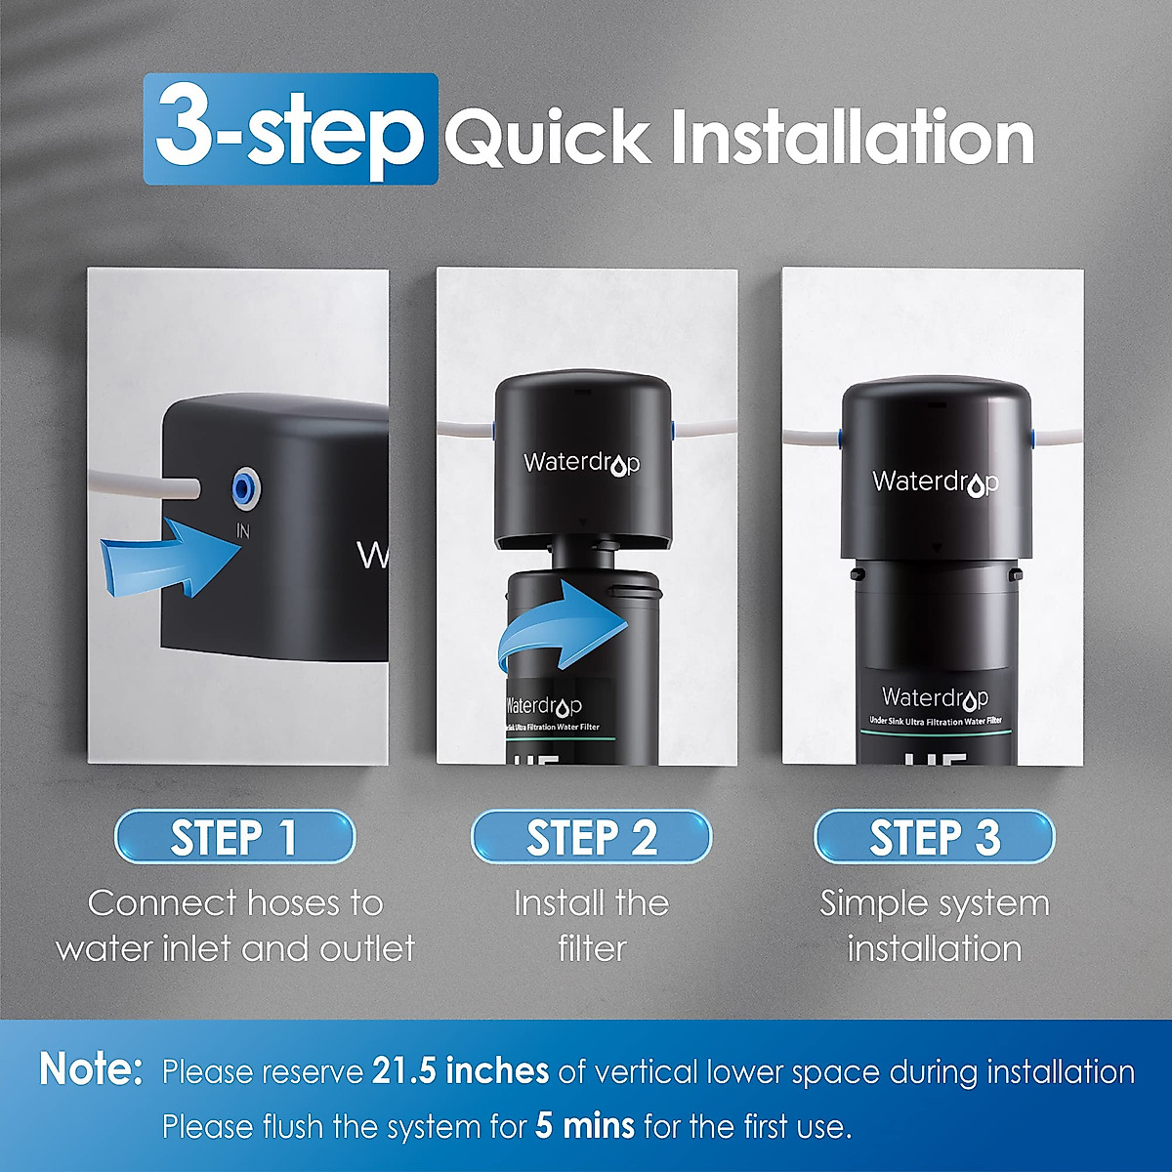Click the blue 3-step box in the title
pyautogui.click(x=290, y=129)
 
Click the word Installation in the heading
pyautogui.click(x=852, y=138)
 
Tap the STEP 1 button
pyautogui.click(x=234, y=837)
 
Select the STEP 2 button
pyautogui.click(x=591, y=837)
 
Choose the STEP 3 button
pyautogui.click(x=934, y=837)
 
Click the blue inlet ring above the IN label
pyautogui.click(x=243, y=484)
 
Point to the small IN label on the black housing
pyautogui.click(x=243, y=530)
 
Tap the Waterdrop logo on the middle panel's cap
pyautogui.click(x=581, y=463)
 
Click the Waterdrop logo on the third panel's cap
pyautogui.click(x=935, y=482)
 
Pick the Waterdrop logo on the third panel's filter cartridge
pyautogui.click(x=935, y=697)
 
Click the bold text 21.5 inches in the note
pyautogui.click(x=460, y=1071)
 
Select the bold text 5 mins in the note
pyautogui.click(x=584, y=1126)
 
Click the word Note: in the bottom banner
pyautogui.click(x=92, y=1069)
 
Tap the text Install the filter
pyautogui.click(x=591, y=925)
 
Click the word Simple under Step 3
pyautogui.click(x=870, y=903)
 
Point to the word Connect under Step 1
pyautogui.click(x=162, y=902)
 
